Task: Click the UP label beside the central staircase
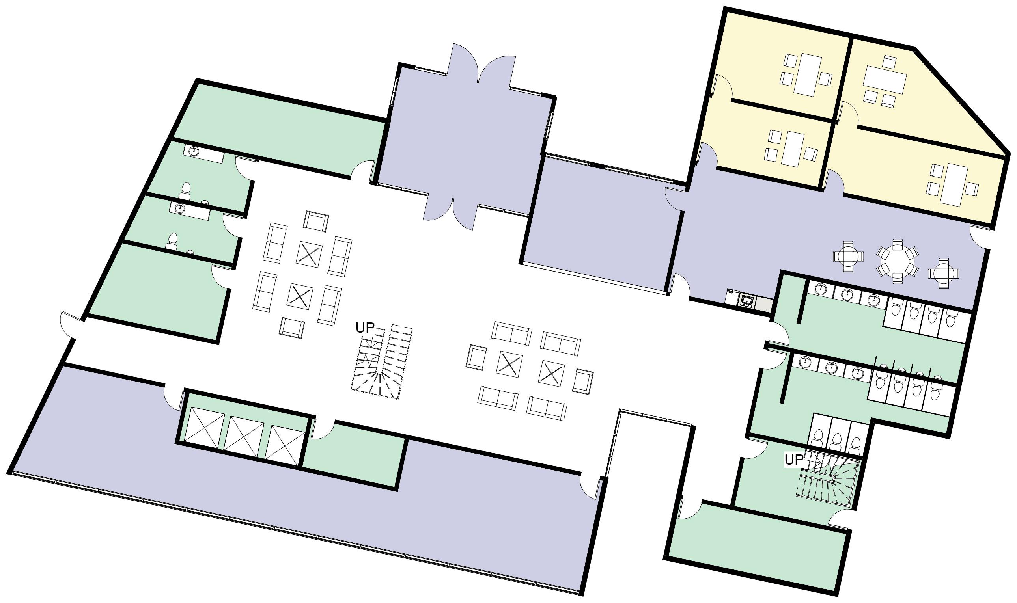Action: point(364,328)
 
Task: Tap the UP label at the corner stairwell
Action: point(794,460)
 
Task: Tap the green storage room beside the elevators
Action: point(354,456)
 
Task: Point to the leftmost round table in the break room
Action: point(848,257)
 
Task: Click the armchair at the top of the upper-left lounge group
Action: point(316,221)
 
